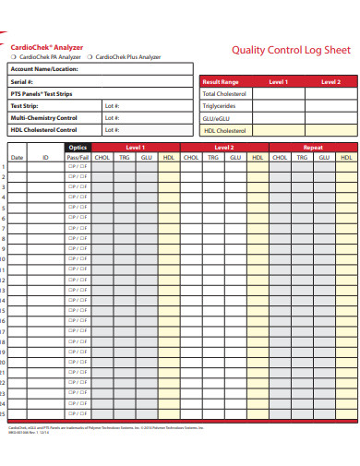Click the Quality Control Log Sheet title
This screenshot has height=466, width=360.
tap(290, 51)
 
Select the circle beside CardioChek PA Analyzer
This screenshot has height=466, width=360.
tap(14, 56)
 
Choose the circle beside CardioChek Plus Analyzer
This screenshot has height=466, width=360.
tap(90, 56)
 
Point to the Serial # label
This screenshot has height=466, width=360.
tap(23, 82)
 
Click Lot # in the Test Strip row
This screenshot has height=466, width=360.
tap(112, 106)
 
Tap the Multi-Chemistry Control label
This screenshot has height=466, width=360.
tap(43, 118)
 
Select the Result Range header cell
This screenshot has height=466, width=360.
tap(221, 82)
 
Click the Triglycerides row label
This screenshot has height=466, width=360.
tap(220, 106)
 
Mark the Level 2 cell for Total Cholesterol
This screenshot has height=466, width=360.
tap(330, 94)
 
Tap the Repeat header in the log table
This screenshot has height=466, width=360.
tap(313, 147)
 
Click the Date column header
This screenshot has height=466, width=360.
tap(17, 158)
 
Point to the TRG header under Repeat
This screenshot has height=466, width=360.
tap(302, 158)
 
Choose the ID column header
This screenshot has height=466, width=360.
tap(46, 158)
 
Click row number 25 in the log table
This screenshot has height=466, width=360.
tap(4, 412)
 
